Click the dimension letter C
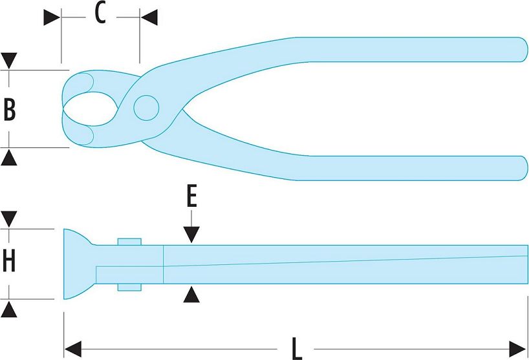coord(100,14)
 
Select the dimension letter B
coord(10,110)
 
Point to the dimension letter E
coord(191,196)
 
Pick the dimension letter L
coord(297,349)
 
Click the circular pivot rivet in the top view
coord(146,107)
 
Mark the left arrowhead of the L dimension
coord(72,347)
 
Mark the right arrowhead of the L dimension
coord(519,347)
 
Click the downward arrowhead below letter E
coord(191,235)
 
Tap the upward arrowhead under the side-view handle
coord(191,295)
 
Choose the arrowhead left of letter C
coord(52,17)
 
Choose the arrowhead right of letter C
coord(149,17)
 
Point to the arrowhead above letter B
coord(9,61)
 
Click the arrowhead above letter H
coord(9,218)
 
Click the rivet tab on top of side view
coord(129,242)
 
